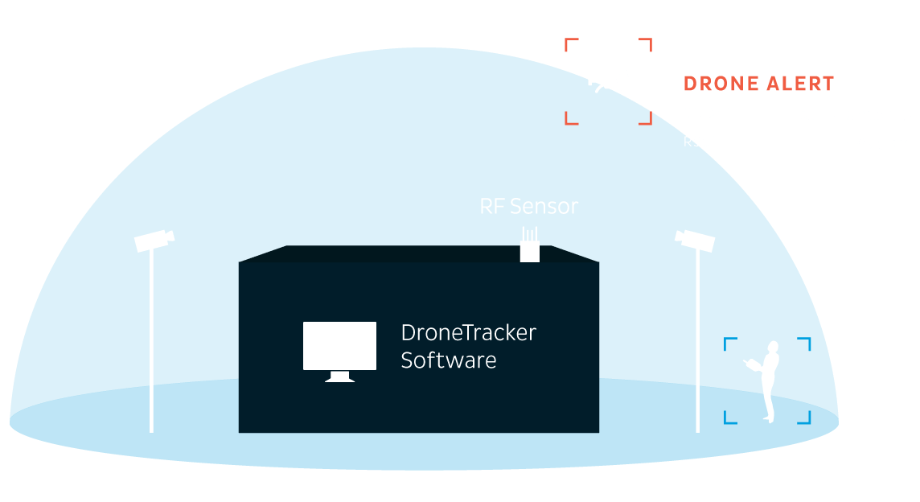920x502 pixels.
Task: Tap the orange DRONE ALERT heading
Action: point(758,84)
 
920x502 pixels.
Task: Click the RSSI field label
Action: point(699,142)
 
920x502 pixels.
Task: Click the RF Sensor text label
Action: point(528,207)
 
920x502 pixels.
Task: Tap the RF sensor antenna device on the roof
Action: point(529,247)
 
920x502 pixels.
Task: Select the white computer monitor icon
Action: point(339,347)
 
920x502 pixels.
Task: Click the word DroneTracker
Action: point(468,333)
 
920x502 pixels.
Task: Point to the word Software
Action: point(448,360)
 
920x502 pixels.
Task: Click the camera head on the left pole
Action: point(154,240)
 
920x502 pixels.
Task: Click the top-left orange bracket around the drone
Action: point(570,43)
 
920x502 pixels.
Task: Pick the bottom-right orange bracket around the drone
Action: point(646,119)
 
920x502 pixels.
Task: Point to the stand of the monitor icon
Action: point(339,376)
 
